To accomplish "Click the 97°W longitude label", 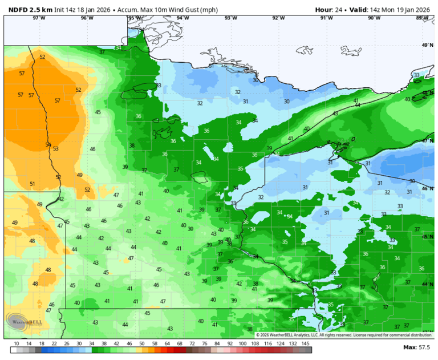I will [x=39, y=18].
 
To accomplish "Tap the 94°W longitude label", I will [x=182, y=18].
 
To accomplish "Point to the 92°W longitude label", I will [x=278, y=18].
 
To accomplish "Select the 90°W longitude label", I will [x=374, y=18].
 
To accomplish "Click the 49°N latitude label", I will [x=428, y=45].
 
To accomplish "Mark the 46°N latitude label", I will [x=428, y=188].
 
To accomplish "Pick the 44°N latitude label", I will [x=428, y=284].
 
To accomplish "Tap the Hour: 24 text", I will [x=330, y=10].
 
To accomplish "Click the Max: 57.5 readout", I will [x=416, y=347].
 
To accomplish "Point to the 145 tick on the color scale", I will [x=306, y=343].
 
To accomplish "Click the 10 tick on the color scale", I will [x=17, y=343].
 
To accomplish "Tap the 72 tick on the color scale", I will [x=192, y=343].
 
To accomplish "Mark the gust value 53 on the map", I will [x=55, y=148].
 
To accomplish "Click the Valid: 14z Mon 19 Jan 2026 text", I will [x=390, y=10].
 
